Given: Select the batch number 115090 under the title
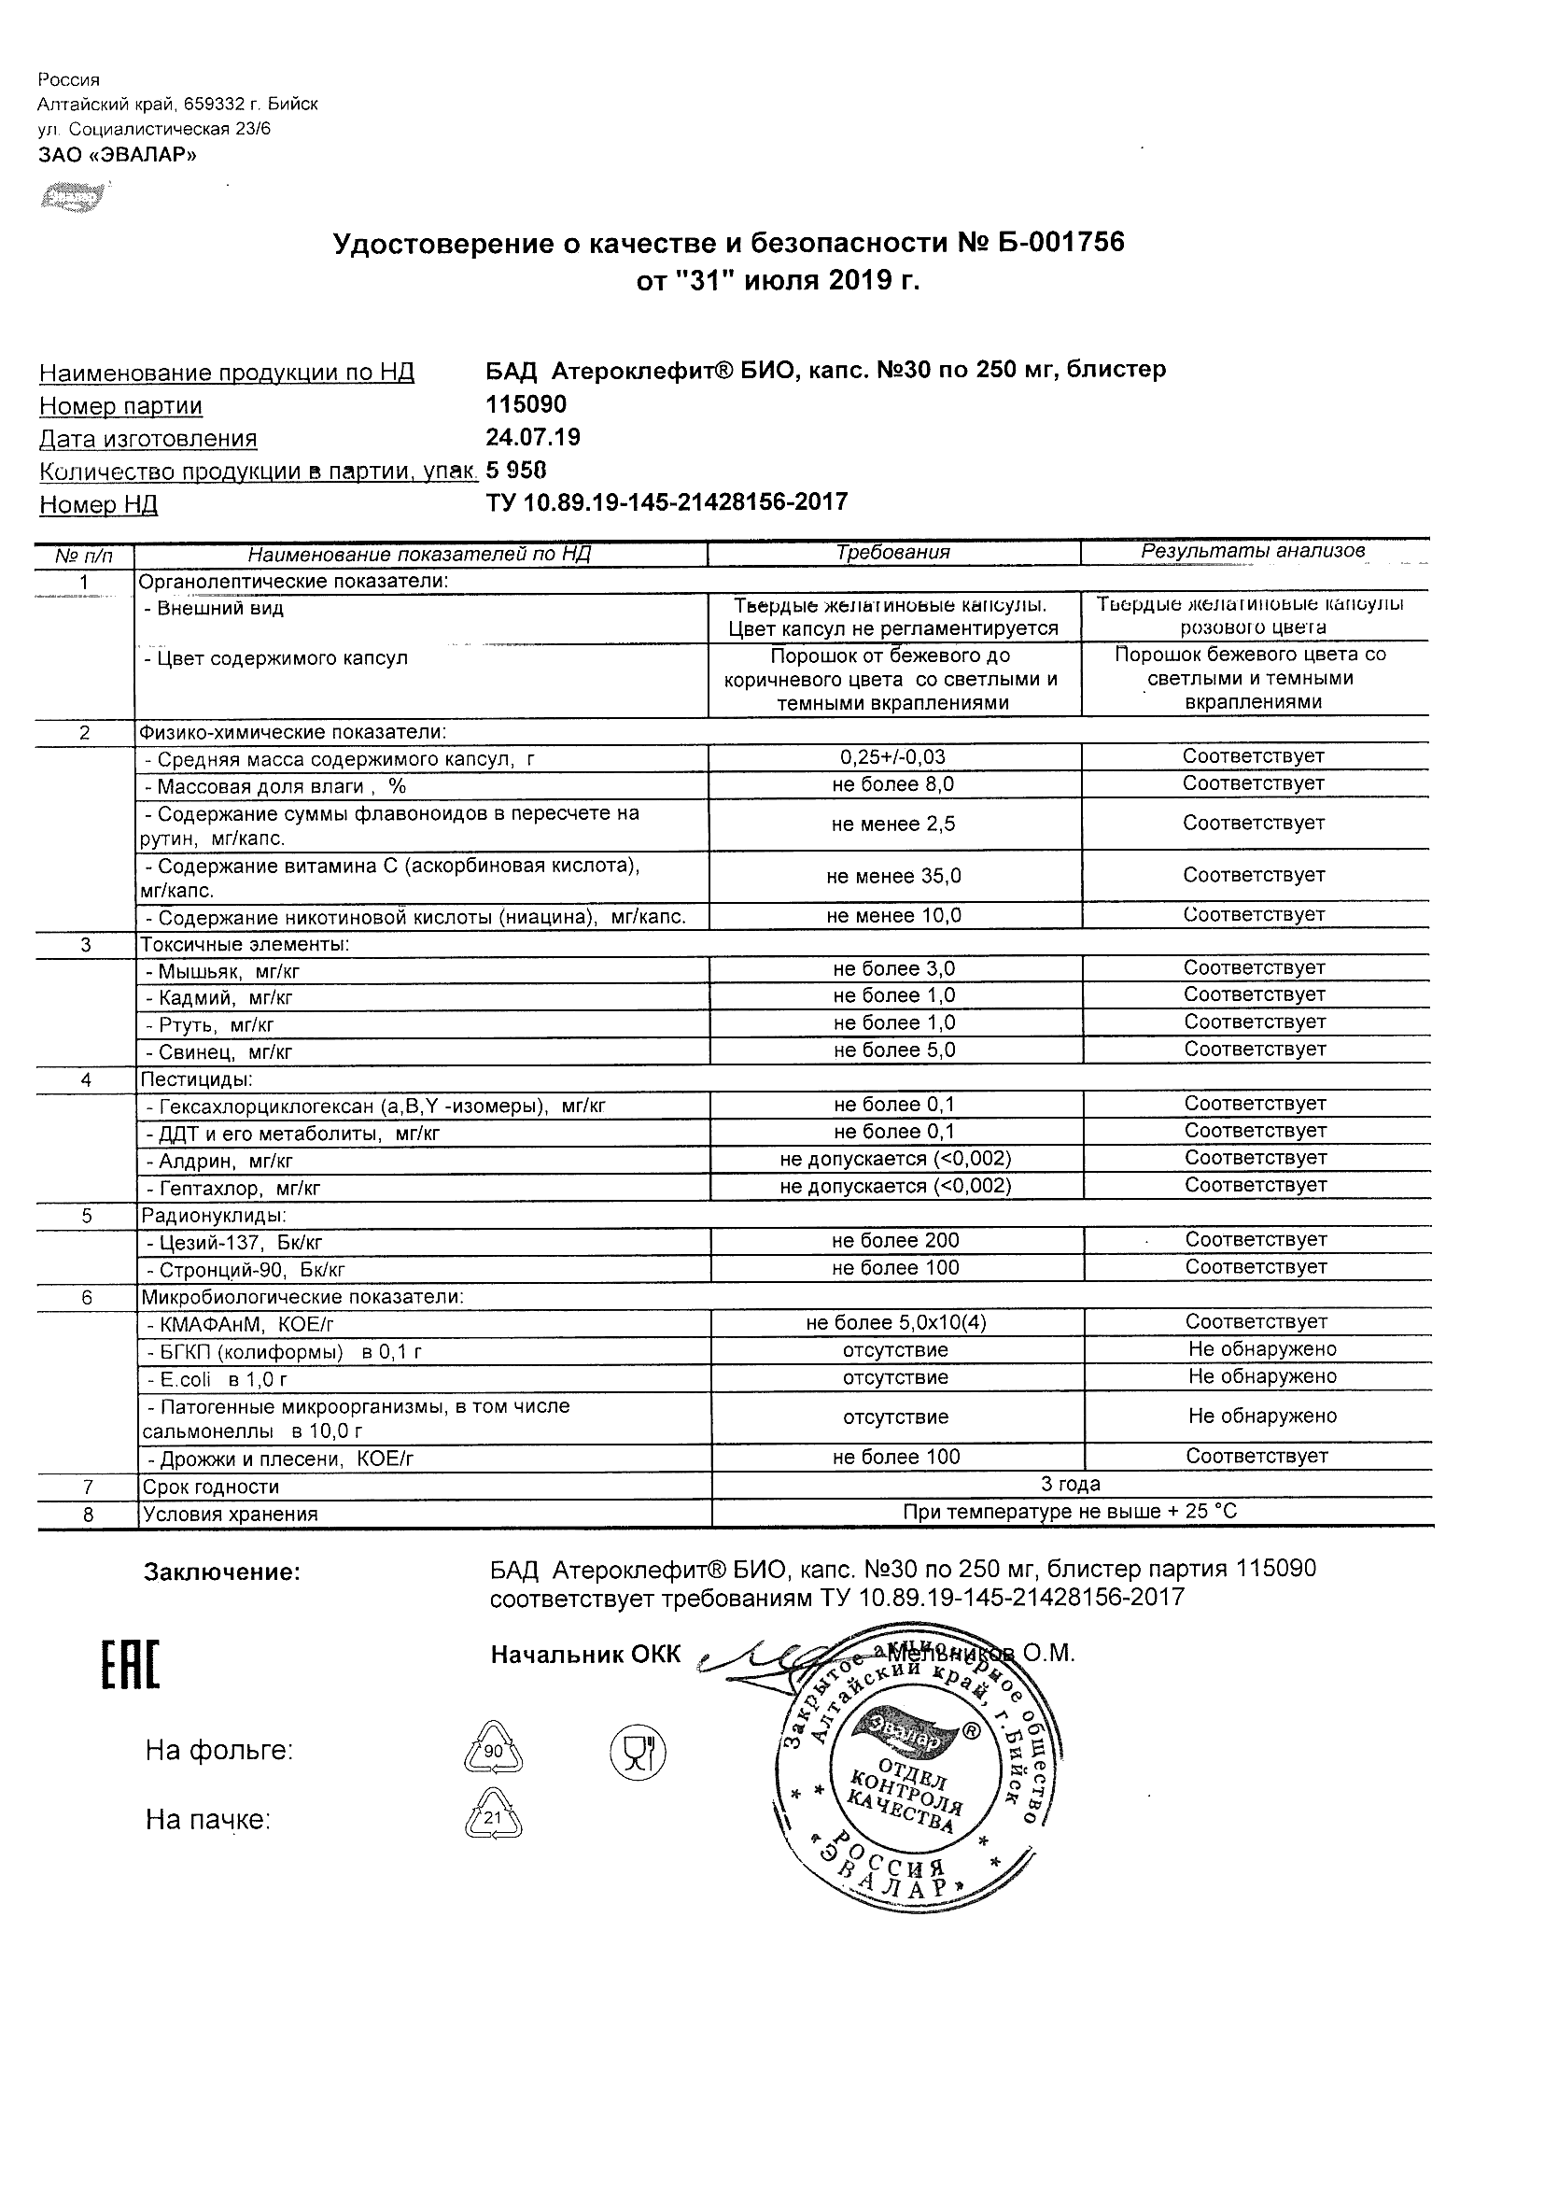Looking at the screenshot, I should [526, 404].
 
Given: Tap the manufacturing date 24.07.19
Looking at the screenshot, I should [533, 437].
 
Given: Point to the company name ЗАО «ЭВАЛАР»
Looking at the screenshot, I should [117, 155].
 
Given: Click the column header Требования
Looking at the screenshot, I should [893, 552].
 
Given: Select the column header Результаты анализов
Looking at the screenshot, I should [1253, 551].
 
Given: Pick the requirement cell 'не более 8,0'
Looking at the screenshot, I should [893, 784].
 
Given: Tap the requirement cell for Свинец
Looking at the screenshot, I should [894, 1050].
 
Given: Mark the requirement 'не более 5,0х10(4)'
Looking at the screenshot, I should [894, 1323].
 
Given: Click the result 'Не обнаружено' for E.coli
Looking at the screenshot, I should [1261, 1377].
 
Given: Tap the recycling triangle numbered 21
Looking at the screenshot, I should [493, 1819].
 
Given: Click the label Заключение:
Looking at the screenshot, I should [221, 1573].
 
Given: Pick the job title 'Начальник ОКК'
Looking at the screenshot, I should [585, 1655].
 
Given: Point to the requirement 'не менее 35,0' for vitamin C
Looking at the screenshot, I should [893, 877].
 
